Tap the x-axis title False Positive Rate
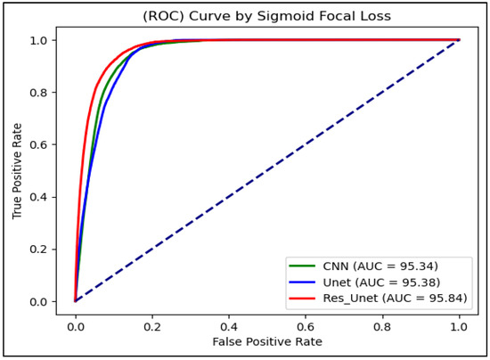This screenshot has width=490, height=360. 266,341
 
